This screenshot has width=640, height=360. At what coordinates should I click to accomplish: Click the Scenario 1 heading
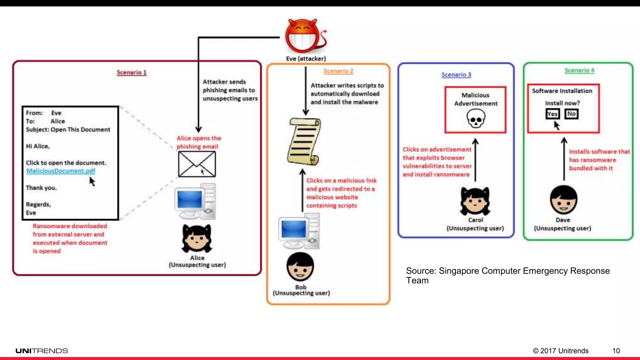click(132, 72)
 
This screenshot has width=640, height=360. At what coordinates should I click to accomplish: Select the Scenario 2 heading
click(338, 71)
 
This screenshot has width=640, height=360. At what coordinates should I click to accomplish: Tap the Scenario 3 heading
click(456, 75)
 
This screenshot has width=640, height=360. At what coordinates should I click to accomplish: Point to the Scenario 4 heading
click(579, 70)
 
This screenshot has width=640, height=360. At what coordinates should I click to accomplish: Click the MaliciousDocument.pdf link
click(61, 171)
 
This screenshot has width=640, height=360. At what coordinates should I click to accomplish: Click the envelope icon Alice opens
click(197, 164)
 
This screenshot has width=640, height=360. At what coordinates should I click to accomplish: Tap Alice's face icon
click(197, 239)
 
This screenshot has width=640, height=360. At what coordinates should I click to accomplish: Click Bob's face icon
click(300, 267)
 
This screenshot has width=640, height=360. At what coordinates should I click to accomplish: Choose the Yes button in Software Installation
click(552, 114)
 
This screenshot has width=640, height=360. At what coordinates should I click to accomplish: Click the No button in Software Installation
click(572, 114)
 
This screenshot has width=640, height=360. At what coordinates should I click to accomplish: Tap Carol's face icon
click(475, 202)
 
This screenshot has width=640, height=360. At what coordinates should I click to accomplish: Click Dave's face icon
click(563, 200)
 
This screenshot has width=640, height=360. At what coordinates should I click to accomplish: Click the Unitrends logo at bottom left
click(42, 351)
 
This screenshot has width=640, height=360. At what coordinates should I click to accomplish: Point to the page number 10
click(616, 351)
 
